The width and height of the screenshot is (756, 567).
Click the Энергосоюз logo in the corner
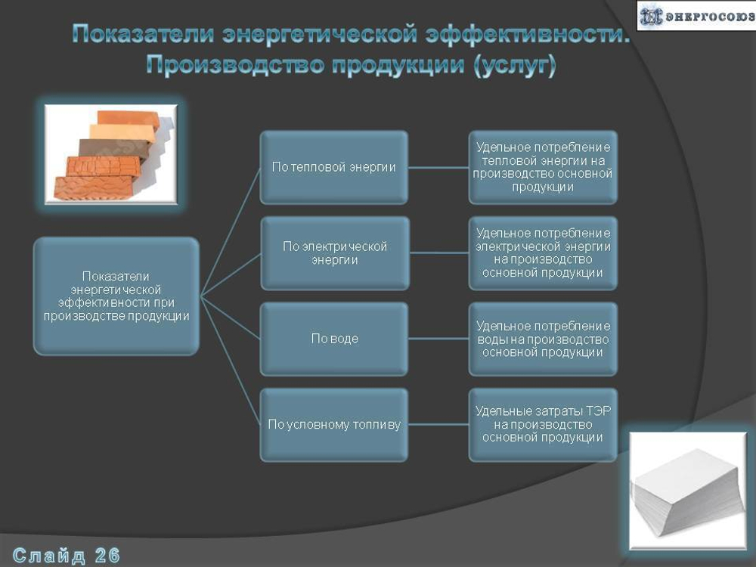[693, 16]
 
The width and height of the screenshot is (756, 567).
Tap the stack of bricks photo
[111, 154]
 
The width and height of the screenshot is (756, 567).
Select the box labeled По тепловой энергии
[334, 167]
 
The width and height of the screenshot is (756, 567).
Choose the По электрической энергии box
[334, 253]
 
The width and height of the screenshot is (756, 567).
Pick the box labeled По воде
[334, 339]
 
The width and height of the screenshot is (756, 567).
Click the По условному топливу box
[334, 425]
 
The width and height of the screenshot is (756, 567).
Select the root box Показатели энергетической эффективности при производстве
[116, 296]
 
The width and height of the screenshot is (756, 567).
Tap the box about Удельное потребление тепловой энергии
[543, 167]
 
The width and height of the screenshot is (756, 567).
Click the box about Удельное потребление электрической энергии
[543, 253]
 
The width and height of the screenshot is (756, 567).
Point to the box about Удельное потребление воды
[543, 339]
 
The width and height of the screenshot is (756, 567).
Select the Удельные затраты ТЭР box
[543, 425]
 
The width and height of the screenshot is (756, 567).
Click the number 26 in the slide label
[107, 556]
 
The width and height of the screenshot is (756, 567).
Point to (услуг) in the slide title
[514, 65]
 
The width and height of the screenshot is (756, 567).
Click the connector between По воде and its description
[438, 339]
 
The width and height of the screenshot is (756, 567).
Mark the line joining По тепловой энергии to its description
[438, 168]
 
